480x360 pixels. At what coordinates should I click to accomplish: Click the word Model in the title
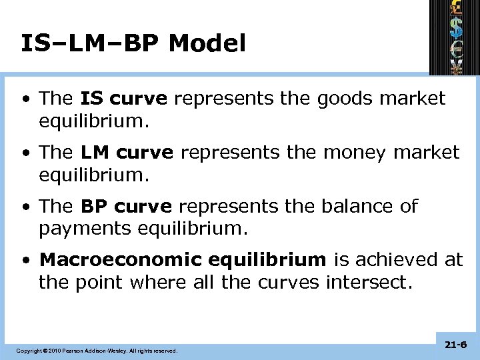[x=207, y=43]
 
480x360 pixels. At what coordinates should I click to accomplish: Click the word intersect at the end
[x=367, y=283]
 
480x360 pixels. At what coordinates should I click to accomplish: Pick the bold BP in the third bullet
[x=95, y=206]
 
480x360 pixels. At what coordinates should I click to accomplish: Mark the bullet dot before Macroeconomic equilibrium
[x=25, y=260]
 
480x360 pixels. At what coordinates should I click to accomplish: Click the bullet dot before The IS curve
[x=25, y=99]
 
